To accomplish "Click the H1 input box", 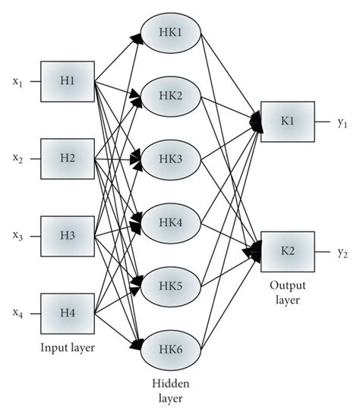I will point(66,82).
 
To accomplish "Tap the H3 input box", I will point(66,235).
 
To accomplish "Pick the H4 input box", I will point(66,312).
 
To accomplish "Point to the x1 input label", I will point(17,83).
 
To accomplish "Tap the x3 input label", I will point(17,237).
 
